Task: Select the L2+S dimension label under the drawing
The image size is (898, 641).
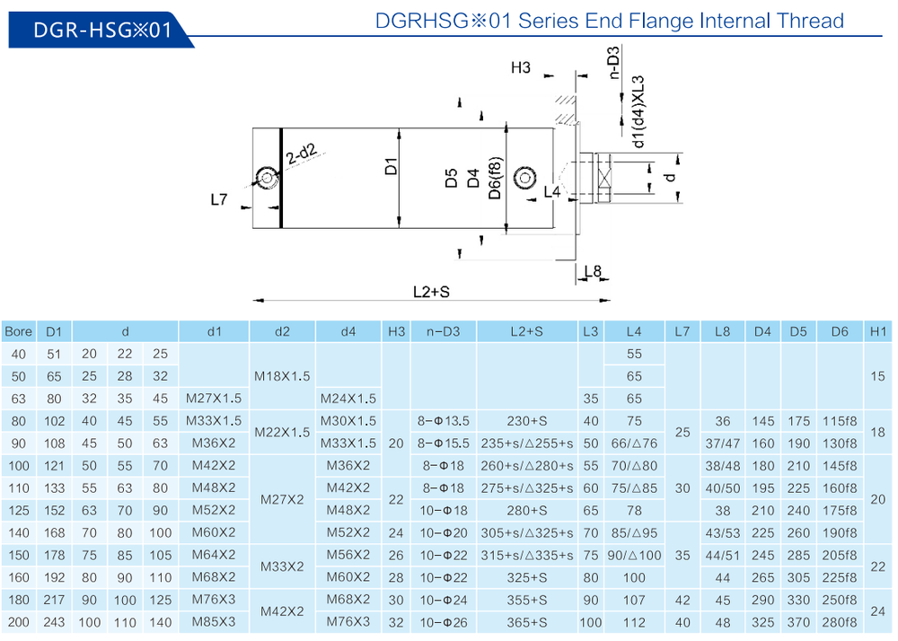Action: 430,292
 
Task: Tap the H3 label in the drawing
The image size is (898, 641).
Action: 521,67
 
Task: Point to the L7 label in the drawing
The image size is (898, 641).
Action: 219,200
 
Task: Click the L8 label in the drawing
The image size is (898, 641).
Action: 593,271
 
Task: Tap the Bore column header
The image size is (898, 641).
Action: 18,331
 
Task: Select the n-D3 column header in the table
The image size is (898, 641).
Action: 444,331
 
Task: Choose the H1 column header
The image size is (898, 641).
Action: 877,331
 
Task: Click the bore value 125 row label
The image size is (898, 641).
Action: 18,510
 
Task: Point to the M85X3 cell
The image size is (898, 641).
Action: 215,621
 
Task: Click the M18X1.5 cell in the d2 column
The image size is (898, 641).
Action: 282,376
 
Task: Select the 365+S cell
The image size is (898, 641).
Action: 526,621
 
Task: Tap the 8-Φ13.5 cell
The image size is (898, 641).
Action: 444,420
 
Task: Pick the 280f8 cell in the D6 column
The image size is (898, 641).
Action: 840,621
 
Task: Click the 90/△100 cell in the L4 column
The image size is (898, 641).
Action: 633,555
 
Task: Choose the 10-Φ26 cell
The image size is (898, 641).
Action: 444,621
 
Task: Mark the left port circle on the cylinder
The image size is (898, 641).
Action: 266,177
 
